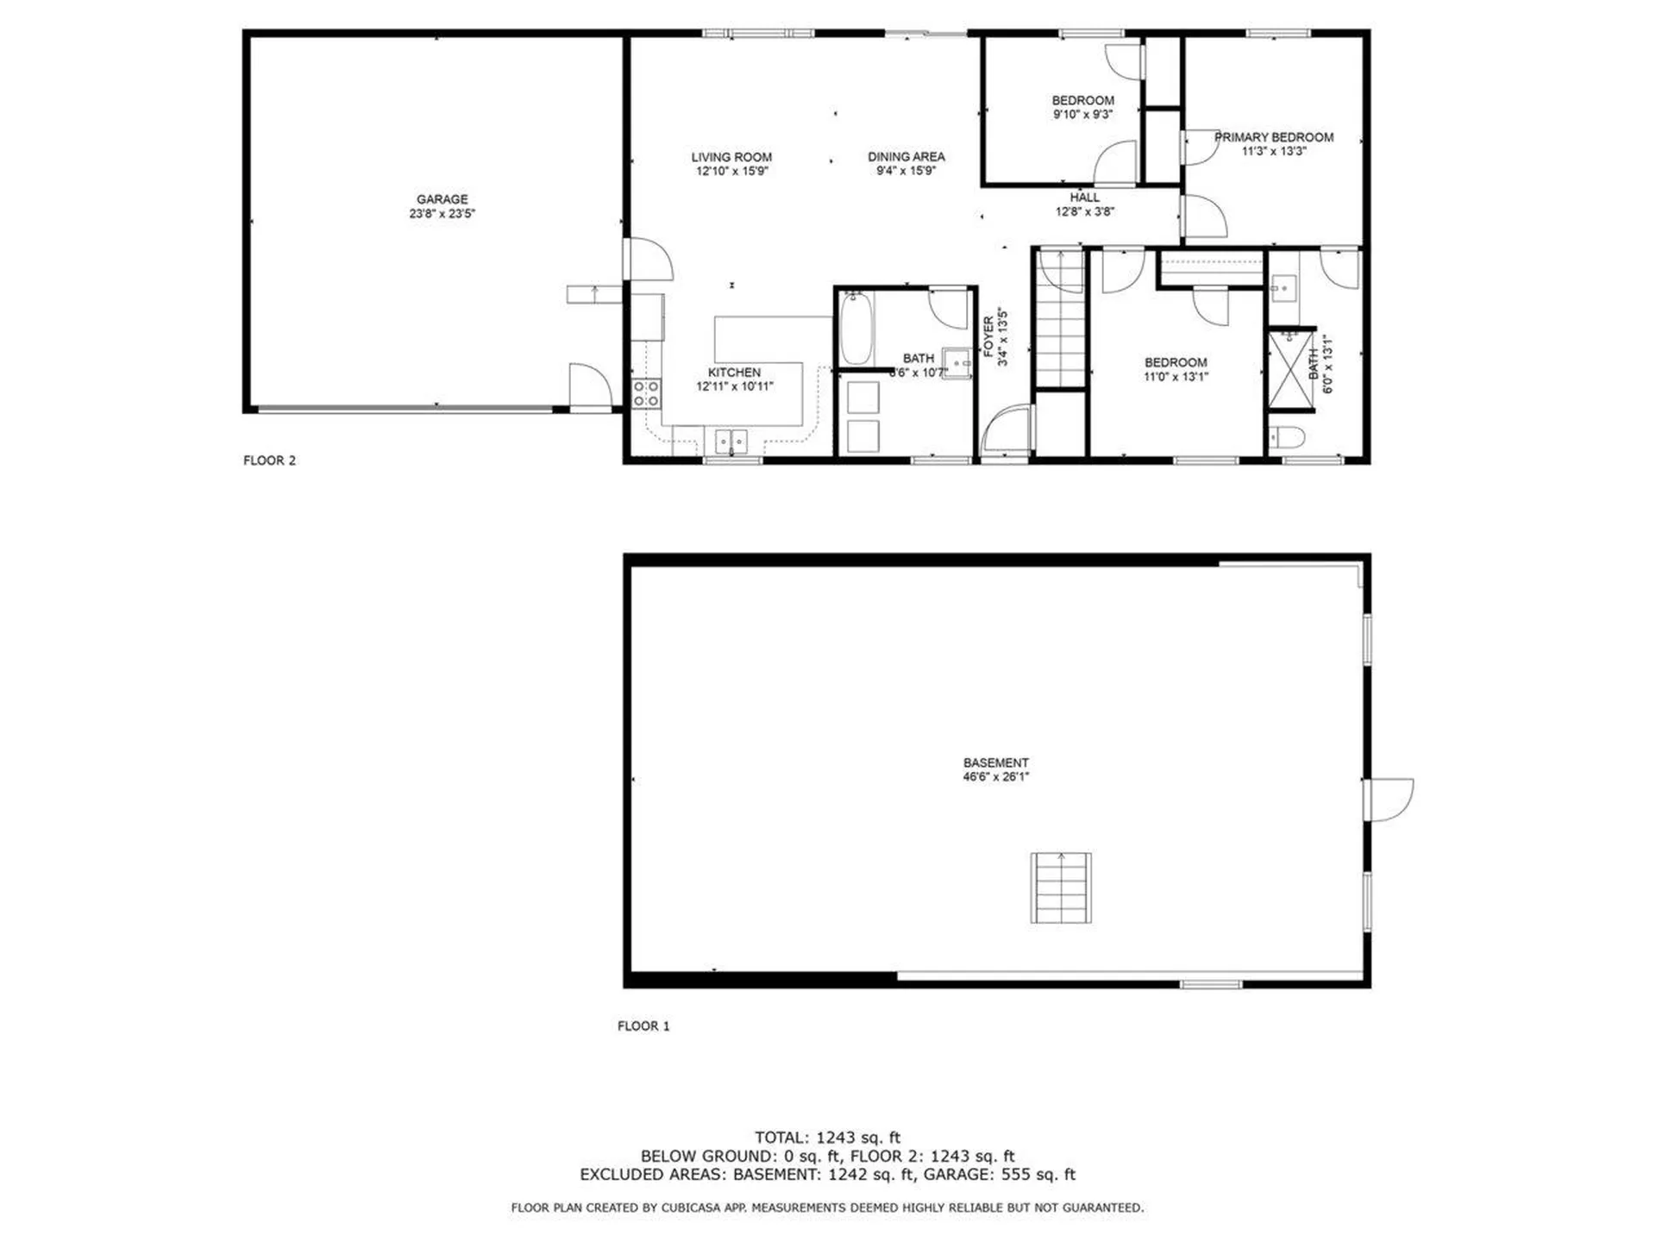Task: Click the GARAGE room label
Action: [442, 199]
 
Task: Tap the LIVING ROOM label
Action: [731, 157]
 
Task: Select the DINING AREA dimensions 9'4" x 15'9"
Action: [906, 171]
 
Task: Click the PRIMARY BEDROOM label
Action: [1274, 137]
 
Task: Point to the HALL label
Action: [1084, 198]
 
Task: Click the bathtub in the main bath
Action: [856, 329]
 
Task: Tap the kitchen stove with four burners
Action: [646, 393]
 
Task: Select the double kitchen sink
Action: [731, 441]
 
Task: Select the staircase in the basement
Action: [1061, 888]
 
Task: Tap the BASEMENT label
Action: [995, 762]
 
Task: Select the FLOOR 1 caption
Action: [643, 1026]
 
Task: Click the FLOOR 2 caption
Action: [269, 461]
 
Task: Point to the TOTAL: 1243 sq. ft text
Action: [827, 1138]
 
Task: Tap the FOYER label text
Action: [988, 336]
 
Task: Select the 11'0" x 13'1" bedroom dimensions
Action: [1176, 377]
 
